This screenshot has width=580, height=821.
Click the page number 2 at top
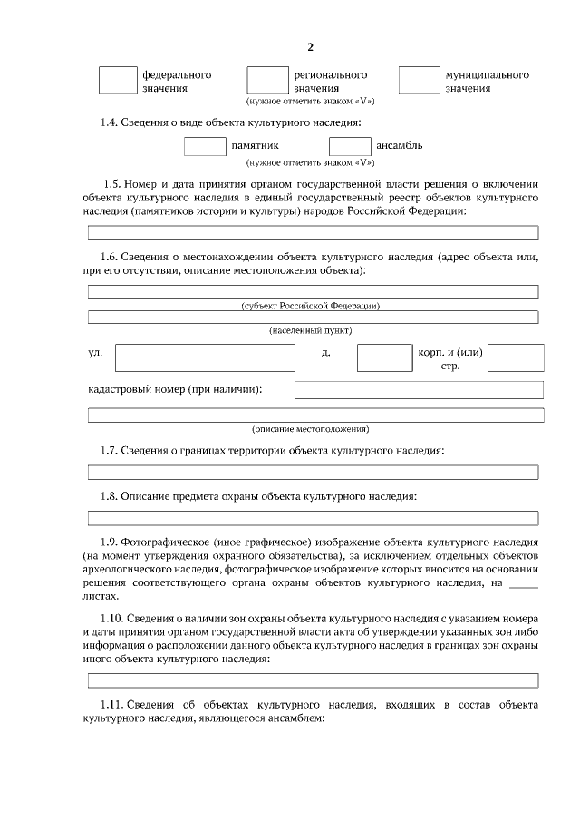pyautogui.click(x=311, y=47)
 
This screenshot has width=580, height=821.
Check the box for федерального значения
pyautogui.click(x=117, y=80)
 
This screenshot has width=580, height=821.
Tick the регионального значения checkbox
pyautogui.click(x=267, y=80)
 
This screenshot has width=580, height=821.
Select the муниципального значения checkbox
pyautogui.click(x=419, y=80)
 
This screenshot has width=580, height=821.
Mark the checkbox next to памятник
pyautogui.click(x=205, y=145)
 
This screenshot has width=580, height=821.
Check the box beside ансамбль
pyautogui.click(x=350, y=145)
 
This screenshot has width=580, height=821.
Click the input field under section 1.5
pyautogui.click(x=313, y=233)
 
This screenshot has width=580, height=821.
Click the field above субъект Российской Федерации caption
pyautogui.click(x=313, y=291)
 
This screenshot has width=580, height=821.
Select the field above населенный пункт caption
pyautogui.click(x=313, y=317)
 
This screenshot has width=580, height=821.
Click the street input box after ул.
pyautogui.click(x=205, y=357)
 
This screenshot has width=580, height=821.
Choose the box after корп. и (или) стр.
pyautogui.click(x=516, y=357)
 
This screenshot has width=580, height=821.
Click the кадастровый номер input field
pyautogui.click(x=419, y=390)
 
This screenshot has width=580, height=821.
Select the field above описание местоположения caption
pyautogui.click(x=315, y=415)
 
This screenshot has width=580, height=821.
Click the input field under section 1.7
pyautogui.click(x=313, y=472)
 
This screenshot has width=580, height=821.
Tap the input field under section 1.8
pyautogui.click(x=313, y=518)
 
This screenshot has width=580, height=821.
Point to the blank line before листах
pyautogui.click(x=524, y=583)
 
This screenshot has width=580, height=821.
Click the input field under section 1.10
pyautogui.click(x=313, y=679)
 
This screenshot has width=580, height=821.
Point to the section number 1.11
pyautogui.click(x=111, y=705)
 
